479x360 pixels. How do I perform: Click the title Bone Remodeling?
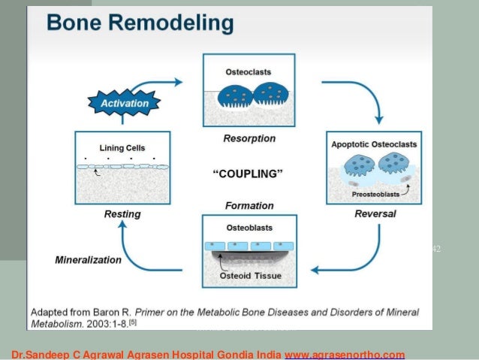140,23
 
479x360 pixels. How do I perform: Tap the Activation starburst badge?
125,101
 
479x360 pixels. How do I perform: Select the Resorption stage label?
249,138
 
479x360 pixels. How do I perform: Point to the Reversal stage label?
375,213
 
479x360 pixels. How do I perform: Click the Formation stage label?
249,204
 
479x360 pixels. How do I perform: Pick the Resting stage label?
122,214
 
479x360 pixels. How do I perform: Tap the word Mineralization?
89,260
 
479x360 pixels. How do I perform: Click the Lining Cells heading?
122,148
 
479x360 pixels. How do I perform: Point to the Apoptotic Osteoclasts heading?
374,144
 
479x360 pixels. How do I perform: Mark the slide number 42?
437,249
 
